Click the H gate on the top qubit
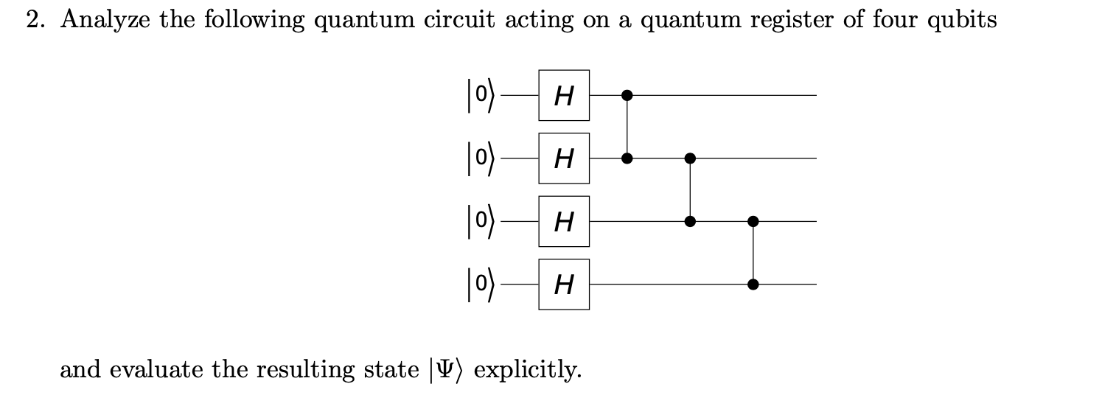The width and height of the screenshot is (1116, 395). click(x=563, y=95)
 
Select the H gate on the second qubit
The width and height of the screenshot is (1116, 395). click(x=563, y=158)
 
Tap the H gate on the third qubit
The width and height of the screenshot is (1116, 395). click(x=563, y=221)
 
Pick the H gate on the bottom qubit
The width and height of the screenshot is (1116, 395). click(x=563, y=284)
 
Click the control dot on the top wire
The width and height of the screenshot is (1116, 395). click(x=627, y=95)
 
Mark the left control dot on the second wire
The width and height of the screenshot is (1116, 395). click(x=627, y=158)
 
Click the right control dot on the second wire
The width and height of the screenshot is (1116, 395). click(x=690, y=158)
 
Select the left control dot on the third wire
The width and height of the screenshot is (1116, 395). click(x=690, y=221)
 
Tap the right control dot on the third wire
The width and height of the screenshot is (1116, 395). click(x=753, y=221)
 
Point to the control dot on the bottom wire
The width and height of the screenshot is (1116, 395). click(x=753, y=284)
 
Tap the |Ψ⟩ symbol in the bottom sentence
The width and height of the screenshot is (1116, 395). click(x=446, y=369)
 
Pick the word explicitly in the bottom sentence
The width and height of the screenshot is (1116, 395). click(x=527, y=369)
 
